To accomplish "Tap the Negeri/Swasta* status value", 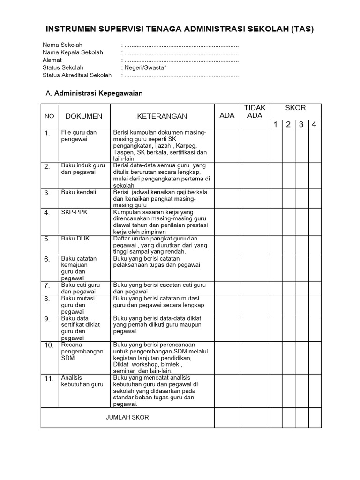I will point(144,67).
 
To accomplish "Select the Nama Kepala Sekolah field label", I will point(73,52).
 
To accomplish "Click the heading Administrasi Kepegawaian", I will point(98,93).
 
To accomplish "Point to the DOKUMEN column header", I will point(84,116).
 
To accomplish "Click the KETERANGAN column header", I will point(162,116).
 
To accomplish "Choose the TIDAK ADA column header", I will point(255,112).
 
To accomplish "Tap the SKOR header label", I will point(295,108).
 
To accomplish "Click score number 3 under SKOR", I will point(302,124).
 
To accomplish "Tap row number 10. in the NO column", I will point(49,345).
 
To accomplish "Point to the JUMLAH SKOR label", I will point(127,417).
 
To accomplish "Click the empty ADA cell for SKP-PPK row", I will point(227,222).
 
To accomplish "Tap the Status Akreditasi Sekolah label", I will point(77,75).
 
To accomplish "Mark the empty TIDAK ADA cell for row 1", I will point(255,145).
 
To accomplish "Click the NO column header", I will point(49,116).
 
